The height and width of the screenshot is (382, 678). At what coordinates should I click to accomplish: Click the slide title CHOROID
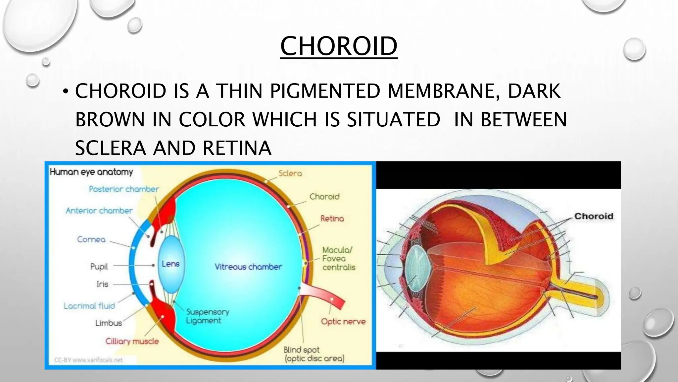tap(339, 46)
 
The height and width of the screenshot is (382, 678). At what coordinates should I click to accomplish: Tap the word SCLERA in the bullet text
tap(111, 148)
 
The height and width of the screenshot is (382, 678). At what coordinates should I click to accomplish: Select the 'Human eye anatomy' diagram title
tap(91, 172)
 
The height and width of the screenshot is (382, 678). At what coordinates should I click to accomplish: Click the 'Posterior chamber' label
tap(124, 189)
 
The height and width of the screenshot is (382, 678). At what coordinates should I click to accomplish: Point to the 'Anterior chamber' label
tap(99, 211)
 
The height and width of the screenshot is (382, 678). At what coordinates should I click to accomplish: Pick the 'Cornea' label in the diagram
tap(91, 239)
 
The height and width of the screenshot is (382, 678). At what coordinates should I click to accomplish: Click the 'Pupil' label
tap(99, 266)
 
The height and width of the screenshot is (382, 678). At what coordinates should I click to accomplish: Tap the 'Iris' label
tap(102, 284)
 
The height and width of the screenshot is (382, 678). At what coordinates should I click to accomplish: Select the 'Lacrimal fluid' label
tap(89, 306)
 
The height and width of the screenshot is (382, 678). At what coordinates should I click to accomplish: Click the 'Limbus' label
tap(109, 323)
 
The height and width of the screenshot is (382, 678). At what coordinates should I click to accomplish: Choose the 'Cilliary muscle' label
tap(132, 341)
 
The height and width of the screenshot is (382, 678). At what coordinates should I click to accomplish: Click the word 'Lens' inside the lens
tap(170, 264)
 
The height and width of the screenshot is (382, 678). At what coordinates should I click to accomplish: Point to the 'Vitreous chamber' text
tap(248, 267)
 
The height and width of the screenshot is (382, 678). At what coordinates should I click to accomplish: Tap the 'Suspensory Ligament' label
tap(207, 316)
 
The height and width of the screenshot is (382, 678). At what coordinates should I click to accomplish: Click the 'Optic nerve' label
tap(343, 321)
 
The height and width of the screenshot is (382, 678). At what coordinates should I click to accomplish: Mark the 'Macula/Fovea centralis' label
tap(338, 259)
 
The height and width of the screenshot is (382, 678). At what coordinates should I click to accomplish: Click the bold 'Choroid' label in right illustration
tap(594, 216)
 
